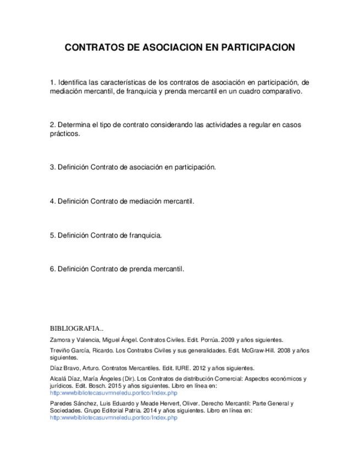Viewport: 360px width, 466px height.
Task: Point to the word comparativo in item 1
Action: pos(283,91)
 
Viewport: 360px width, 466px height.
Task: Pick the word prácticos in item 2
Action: pos(64,134)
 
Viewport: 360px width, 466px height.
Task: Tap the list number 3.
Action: pos(52,167)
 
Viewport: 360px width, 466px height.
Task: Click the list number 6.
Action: pos(52,269)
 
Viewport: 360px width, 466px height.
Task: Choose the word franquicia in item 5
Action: pos(145,235)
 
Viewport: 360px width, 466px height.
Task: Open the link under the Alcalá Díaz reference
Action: pos(113,393)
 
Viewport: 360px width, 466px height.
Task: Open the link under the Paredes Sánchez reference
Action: pos(113,418)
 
